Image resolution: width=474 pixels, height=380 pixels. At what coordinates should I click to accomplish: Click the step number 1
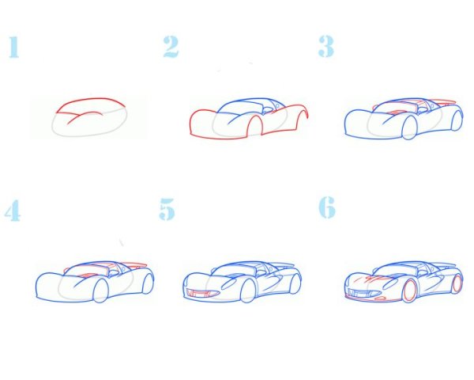click(x=14, y=47)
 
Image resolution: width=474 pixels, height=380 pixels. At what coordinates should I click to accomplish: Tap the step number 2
click(x=171, y=47)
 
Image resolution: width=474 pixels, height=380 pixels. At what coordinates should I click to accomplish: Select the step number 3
click(x=326, y=46)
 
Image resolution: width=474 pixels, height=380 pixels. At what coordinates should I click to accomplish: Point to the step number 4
click(x=13, y=210)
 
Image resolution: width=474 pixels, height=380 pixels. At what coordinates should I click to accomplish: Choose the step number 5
click(x=167, y=209)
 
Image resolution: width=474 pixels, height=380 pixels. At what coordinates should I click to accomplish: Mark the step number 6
click(x=327, y=207)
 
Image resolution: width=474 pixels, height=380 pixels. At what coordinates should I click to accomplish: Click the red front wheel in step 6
click(x=410, y=291)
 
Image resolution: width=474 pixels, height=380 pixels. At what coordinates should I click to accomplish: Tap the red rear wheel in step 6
click(x=457, y=283)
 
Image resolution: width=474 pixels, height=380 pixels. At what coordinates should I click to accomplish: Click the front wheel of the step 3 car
click(x=409, y=127)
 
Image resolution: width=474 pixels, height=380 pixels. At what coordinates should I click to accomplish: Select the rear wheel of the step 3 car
click(x=457, y=120)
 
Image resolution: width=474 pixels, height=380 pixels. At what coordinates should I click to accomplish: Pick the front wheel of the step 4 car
click(x=101, y=291)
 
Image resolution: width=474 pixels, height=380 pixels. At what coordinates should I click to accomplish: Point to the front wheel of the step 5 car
click(x=247, y=291)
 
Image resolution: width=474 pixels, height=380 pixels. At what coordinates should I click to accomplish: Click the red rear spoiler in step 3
click(x=442, y=102)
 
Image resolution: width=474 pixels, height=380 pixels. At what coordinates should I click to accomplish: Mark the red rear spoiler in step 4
click(x=133, y=265)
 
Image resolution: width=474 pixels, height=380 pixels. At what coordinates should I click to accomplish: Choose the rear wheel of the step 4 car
click(x=149, y=283)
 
